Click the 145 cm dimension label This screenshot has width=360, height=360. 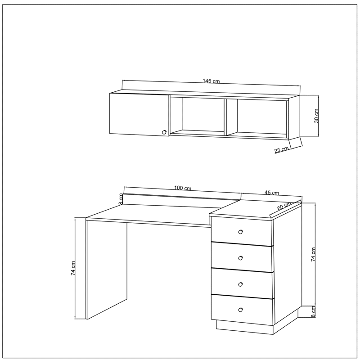tap(211, 81)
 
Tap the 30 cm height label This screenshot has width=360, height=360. tap(316, 116)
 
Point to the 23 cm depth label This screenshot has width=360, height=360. tap(282, 150)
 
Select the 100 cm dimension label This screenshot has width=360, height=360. tap(183, 188)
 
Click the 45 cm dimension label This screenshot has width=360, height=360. tap(272, 193)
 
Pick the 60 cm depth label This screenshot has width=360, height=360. tap(284, 206)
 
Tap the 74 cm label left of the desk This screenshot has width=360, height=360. tap(73, 268)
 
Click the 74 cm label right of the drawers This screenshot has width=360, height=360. tap(313, 255)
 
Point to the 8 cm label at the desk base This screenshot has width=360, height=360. tap(314, 311)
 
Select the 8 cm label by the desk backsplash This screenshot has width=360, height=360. tap(121, 199)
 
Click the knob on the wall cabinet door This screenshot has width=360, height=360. tap(164, 132)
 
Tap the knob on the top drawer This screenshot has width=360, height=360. tap(240, 232)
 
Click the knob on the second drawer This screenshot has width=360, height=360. tap(240, 258)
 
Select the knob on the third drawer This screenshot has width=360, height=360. tap(240, 284)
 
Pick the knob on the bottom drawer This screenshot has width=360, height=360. tap(240, 310)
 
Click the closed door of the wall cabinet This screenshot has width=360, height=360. tap(139, 114)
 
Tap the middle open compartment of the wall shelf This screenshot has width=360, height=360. tap(198, 116)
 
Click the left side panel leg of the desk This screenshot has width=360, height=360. tap(107, 269)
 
